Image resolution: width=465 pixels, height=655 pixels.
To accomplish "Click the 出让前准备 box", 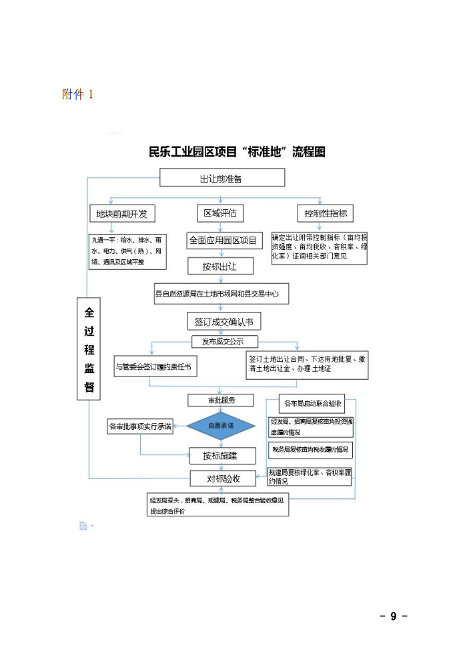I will [x=221, y=179].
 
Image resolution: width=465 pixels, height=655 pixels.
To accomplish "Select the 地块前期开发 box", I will [x=122, y=214].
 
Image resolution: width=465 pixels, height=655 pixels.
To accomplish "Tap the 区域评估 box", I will [x=220, y=213].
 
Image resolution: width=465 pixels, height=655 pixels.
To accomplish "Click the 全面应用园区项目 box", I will [x=223, y=241].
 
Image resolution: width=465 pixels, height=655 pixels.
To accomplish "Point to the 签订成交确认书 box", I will [x=223, y=322].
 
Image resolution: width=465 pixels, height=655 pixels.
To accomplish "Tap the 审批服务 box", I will [x=211, y=400].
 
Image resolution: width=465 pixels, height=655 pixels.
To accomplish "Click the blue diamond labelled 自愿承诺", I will [x=221, y=426].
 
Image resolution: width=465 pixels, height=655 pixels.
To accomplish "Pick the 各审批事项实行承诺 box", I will [x=140, y=426].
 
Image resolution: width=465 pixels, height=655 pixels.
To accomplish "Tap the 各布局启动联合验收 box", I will [x=313, y=404].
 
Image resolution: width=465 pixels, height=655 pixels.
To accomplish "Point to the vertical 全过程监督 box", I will [x=89, y=349].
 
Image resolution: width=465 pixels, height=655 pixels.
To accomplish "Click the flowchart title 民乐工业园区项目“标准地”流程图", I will [x=237, y=152].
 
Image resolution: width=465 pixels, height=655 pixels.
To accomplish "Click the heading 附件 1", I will [x=78, y=95].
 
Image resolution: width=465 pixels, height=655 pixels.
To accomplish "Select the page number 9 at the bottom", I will [x=394, y=616].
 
